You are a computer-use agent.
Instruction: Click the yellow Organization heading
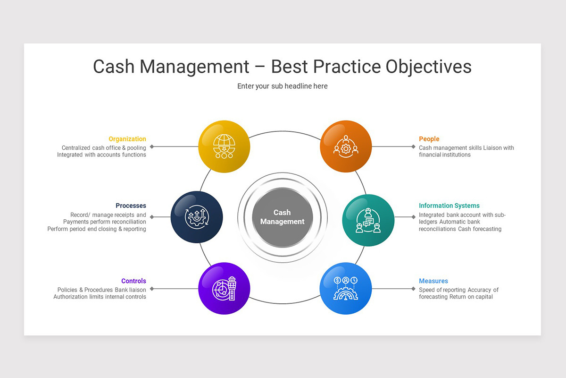pos(127,139)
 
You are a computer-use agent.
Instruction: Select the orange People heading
pos(429,139)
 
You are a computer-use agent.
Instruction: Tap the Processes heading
pos(131,206)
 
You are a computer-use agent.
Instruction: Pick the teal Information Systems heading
pos(449,206)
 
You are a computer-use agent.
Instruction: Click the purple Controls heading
pos(133,281)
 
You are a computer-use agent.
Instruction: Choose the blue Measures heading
pos(433,281)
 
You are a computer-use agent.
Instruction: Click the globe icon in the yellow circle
pos(224,146)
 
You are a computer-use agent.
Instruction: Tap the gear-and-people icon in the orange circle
pos(346,146)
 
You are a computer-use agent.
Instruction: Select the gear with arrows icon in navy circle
pos(197,217)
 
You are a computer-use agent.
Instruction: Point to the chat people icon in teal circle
pos(368,220)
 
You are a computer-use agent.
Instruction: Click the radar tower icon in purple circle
pos(224,288)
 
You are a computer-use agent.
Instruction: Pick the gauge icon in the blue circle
pos(346,288)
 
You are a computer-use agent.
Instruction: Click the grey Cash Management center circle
pos(283,217)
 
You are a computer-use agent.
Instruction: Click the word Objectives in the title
pos(428,67)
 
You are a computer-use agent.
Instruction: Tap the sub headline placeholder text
pos(283,86)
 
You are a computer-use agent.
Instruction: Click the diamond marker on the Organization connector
pos(152,146)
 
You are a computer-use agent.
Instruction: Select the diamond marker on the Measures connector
pos(413,289)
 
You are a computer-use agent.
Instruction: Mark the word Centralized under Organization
pos(76,148)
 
